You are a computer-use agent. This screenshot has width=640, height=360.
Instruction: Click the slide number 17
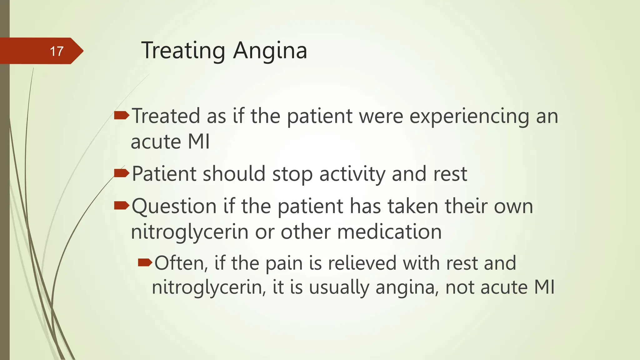pos(57,51)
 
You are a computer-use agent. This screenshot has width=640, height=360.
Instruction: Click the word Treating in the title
pos(183,50)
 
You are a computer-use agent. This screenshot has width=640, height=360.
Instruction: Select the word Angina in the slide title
pos(270,51)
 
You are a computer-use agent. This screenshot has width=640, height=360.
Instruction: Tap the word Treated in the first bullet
pos(166,116)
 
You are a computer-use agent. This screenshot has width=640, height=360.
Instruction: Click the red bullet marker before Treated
pos(122,116)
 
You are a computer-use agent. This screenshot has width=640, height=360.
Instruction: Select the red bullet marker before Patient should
pos(122,173)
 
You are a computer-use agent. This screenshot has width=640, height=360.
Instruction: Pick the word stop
pos(292,174)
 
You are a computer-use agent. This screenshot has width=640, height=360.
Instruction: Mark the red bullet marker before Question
pos(122,205)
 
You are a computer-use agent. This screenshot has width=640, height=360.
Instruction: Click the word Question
pos(174,206)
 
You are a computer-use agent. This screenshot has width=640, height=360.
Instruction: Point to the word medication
pos(389,232)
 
